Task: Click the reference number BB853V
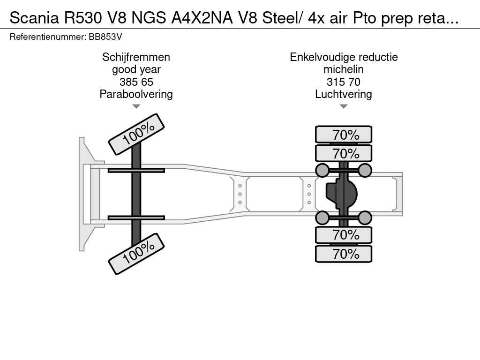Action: coord(105,37)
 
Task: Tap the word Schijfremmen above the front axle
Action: coord(136,57)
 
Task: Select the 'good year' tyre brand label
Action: coord(136,69)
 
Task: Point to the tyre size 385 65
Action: coord(136,82)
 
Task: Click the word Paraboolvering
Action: coord(136,94)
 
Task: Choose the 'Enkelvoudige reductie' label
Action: coord(344,57)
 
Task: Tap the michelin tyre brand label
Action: coord(344,69)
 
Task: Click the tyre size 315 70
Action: coord(344,82)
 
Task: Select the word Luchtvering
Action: coord(344,94)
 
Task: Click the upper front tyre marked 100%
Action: coord(136,134)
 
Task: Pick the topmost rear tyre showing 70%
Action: coord(344,135)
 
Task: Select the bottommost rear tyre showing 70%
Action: coord(344,254)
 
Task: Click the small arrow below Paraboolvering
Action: coord(136,106)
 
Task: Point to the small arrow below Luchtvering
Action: coord(344,106)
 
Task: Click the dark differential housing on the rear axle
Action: coord(341,194)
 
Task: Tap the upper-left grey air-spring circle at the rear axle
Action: coord(322,170)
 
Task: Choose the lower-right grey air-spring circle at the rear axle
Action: coord(365,217)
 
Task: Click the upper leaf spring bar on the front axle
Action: coord(136,171)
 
